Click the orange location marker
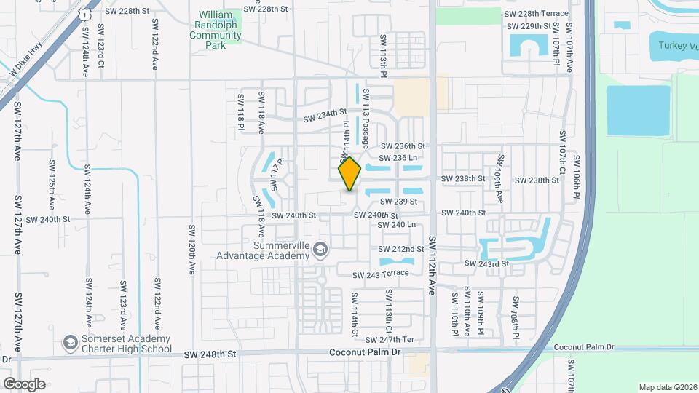click(349, 174)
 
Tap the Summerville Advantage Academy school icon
click(319, 251)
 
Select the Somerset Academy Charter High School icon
click(71, 342)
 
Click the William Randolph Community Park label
click(221, 28)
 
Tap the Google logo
click(24, 384)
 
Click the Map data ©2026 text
click(666, 387)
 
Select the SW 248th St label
click(210, 354)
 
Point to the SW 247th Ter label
click(390, 340)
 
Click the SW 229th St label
click(530, 26)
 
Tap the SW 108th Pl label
click(515, 312)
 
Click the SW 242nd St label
click(400, 249)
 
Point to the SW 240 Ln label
click(398, 225)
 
